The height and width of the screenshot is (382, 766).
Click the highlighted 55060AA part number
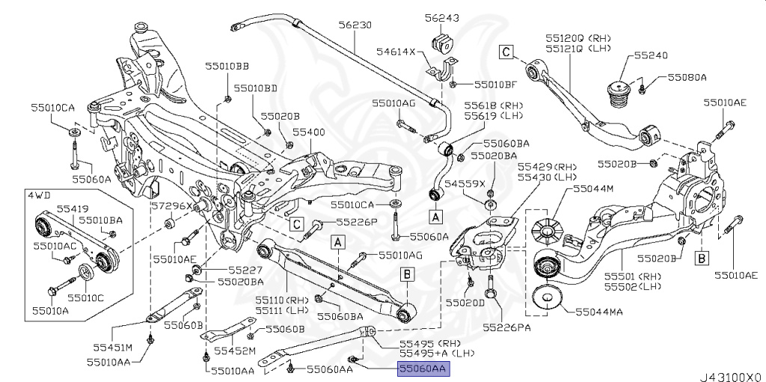tap(423, 369)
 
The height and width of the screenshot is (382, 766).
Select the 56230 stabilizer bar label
tap(354, 25)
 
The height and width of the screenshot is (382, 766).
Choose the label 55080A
tap(687, 76)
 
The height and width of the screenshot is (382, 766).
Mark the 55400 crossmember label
tap(309, 131)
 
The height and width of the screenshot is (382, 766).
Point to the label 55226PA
tap(507, 327)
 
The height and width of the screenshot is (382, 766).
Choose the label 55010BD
tap(255, 87)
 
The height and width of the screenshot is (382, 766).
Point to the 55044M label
tap(594, 189)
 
